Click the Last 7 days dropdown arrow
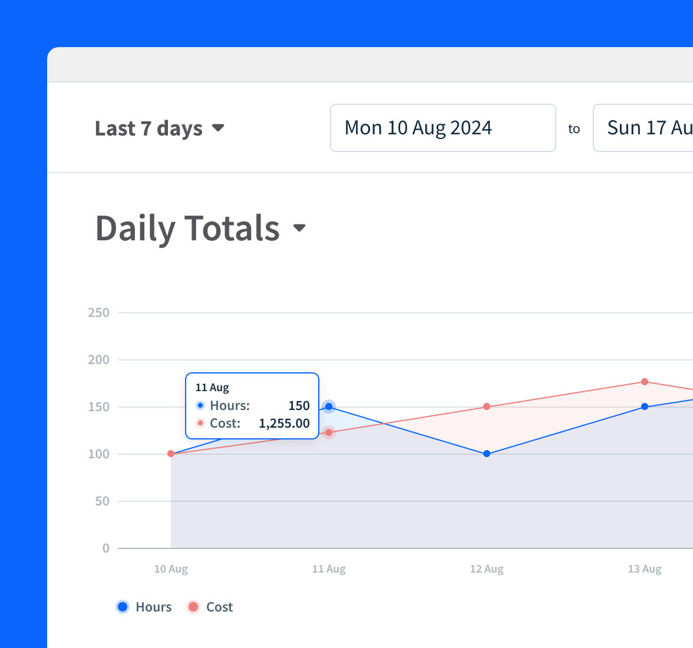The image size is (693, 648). click(x=218, y=128)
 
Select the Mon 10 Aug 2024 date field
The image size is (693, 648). click(x=443, y=128)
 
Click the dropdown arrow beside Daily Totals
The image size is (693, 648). click(x=299, y=228)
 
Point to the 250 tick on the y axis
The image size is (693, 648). click(x=98, y=313)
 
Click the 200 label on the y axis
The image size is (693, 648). click(x=98, y=360)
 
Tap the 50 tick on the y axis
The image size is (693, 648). click(x=102, y=501)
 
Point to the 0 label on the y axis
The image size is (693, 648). click(x=106, y=548)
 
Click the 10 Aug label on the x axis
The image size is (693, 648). click(x=171, y=569)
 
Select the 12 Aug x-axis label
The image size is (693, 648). click(x=487, y=569)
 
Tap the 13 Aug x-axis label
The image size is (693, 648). click(x=645, y=569)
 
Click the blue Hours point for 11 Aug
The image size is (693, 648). click(x=329, y=406)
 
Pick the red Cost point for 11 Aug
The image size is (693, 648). click(x=329, y=433)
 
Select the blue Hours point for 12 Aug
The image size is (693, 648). click(x=487, y=454)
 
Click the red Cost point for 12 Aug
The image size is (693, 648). click(x=487, y=406)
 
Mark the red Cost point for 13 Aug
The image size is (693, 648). click(x=645, y=382)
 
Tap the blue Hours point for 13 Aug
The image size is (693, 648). click(x=645, y=406)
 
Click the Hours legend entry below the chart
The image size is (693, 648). click(x=144, y=607)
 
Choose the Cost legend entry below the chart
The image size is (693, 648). click(x=210, y=607)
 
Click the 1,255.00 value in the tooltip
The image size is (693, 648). click(x=284, y=424)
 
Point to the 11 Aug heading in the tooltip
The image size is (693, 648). click(x=212, y=388)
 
